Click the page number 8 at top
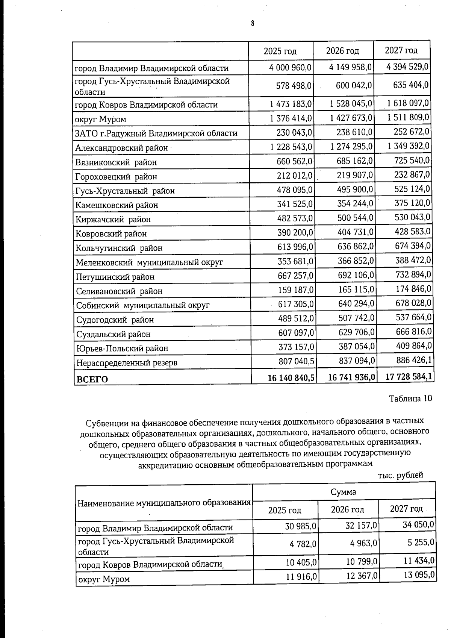pos(253,23)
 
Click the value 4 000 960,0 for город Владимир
pos(291,68)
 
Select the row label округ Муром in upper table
pos(100,119)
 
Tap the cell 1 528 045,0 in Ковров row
pos(351,104)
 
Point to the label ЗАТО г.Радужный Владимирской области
pos(156,133)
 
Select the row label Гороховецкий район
pos(116,176)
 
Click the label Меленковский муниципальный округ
pos(149,262)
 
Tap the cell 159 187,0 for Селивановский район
pos(296,290)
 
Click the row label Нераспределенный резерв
pos(127,363)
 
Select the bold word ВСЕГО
pos(92,379)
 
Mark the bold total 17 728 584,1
pos(409,376)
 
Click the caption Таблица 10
pos(410,398)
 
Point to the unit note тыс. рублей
pos(400,475)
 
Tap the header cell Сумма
pos(343,492)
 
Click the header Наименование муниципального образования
pos(163,503)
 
